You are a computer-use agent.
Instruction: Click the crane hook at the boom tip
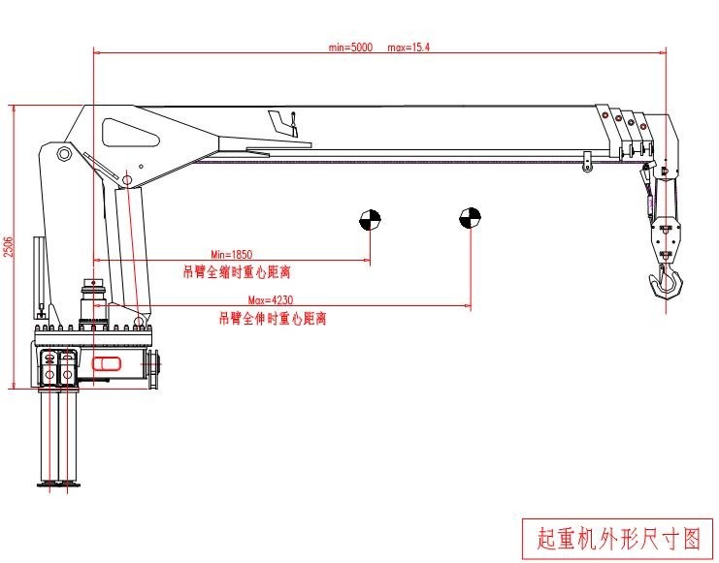(x=667, y=283)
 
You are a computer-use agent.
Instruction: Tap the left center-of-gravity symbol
(x=370, y=219)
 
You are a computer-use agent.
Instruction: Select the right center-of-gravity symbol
(x=470, y=218)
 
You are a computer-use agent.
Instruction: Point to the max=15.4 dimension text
(x=409, y=47)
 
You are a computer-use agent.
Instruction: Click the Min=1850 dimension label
(x=231, y=255)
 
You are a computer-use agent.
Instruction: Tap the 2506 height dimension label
(x=9, y=246)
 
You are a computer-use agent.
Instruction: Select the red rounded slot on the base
(x=105, y=364)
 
